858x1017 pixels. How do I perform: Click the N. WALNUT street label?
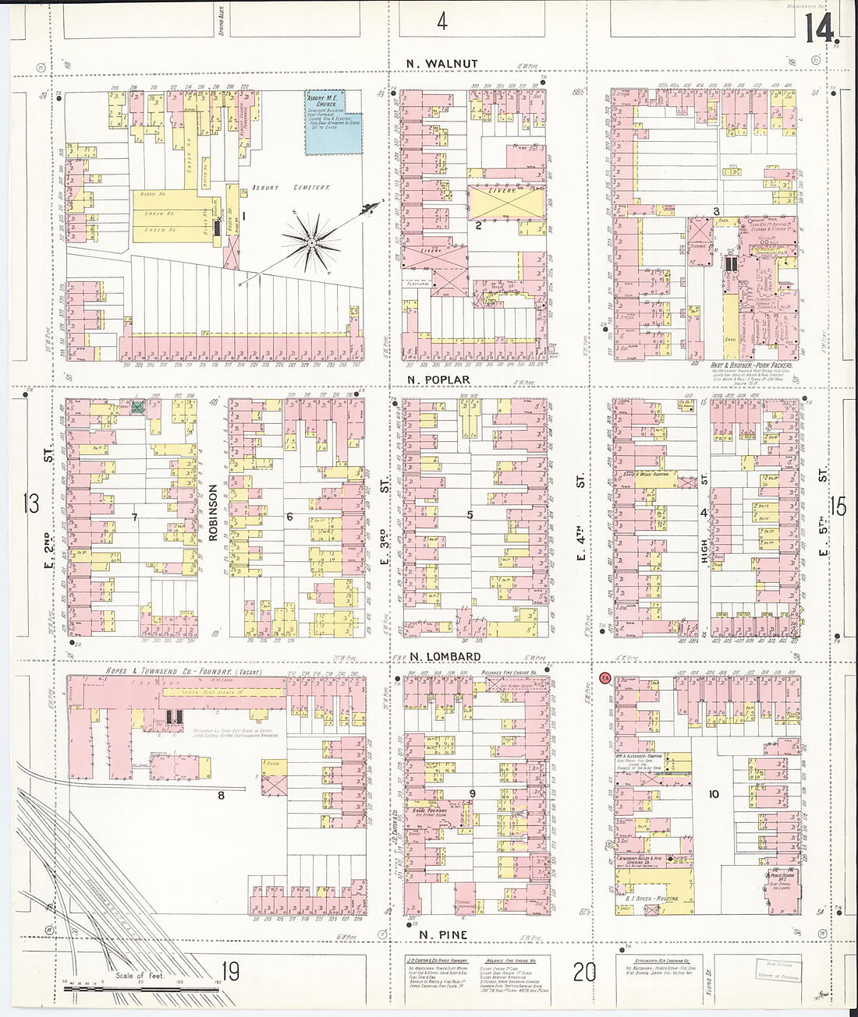[x=441, y=63]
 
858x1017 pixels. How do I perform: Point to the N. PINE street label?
[x=443, y=934]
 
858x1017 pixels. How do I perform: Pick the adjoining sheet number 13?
[x=30, y=503]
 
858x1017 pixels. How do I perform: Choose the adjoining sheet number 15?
[x=838, y=507]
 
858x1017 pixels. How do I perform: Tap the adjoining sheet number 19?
[x=229, y=972]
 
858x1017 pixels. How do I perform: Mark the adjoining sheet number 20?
[x=584, y=972]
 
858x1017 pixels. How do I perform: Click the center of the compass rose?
[x=312, y=242]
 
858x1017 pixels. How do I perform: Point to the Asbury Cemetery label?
[x=290, y=188]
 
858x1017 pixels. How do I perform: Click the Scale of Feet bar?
[x=140, y=988]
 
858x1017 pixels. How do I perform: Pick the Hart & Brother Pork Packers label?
[x=751, y=365]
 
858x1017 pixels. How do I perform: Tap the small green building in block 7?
[x=138, y=407]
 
